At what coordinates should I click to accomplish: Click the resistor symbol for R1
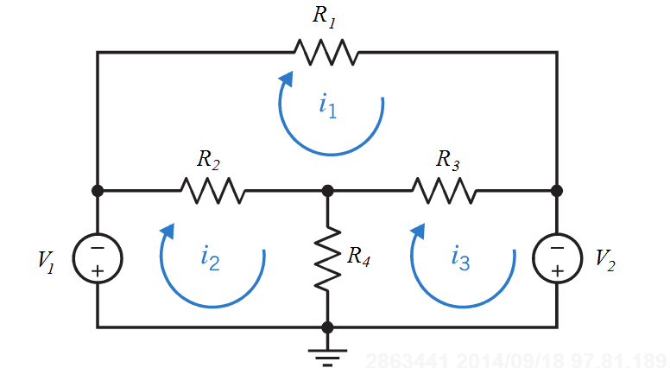pyautogui.click(x=326, y=52)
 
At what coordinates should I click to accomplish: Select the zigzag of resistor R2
pyautogui.click(x=212, y=190)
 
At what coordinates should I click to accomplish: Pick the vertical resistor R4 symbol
pyautogui.click(x=327, y=258)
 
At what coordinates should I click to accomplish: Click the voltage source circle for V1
pyautogui.click(x=97, y=258)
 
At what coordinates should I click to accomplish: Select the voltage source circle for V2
pyautogui.click(x=557, y=258)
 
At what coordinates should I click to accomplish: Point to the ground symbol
pyautogui.click(x=327, y=353)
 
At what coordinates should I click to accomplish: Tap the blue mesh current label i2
pyautogui.click(x=210, y=257)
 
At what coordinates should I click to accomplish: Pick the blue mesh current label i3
pyautogui.click(x=460, y=257)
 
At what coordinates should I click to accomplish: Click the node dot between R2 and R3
pyautogui.click(x=327, y=190)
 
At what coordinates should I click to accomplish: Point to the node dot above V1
pyautogui.click(x=97, y=190)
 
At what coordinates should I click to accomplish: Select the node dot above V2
pyautogui.click(x=557, y=190)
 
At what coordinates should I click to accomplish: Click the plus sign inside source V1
pyautogui.click(x=97, y=270)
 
